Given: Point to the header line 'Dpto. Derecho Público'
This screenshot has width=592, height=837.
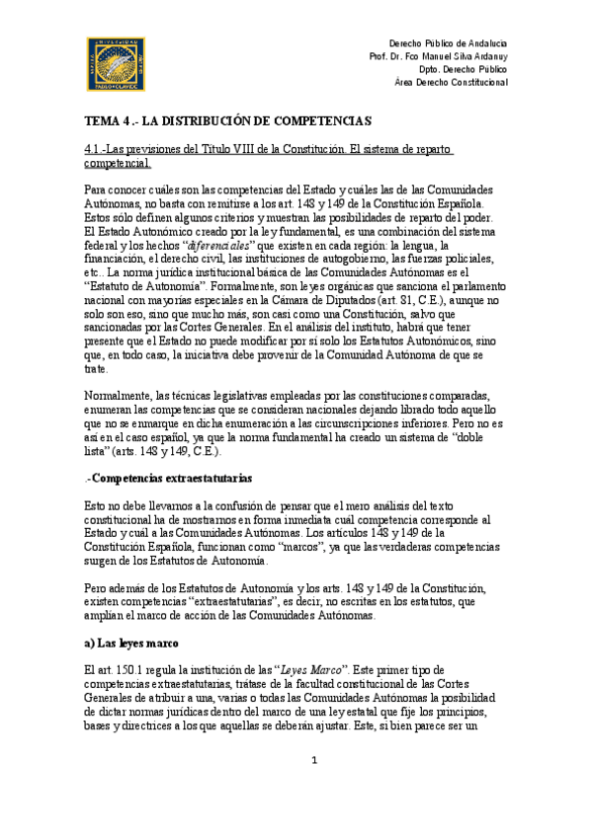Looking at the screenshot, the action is pos(464,70).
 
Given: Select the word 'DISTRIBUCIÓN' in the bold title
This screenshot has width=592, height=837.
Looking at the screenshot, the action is pos(221,121).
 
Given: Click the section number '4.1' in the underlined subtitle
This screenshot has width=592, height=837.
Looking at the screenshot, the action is pos(93,149).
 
